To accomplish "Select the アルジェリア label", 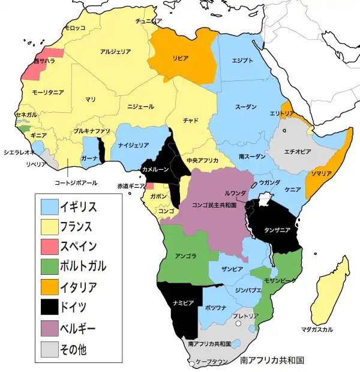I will click(116, 52).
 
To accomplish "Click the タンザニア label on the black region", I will click(277, 230).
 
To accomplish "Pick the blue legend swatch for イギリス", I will click(50, 207).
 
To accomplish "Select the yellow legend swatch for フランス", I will click(50, 227).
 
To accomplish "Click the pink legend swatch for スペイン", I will click(50, 247).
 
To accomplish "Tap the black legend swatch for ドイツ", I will click(50, 307).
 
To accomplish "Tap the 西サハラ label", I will click(44, 61).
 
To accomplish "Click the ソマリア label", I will click(320, 173).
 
